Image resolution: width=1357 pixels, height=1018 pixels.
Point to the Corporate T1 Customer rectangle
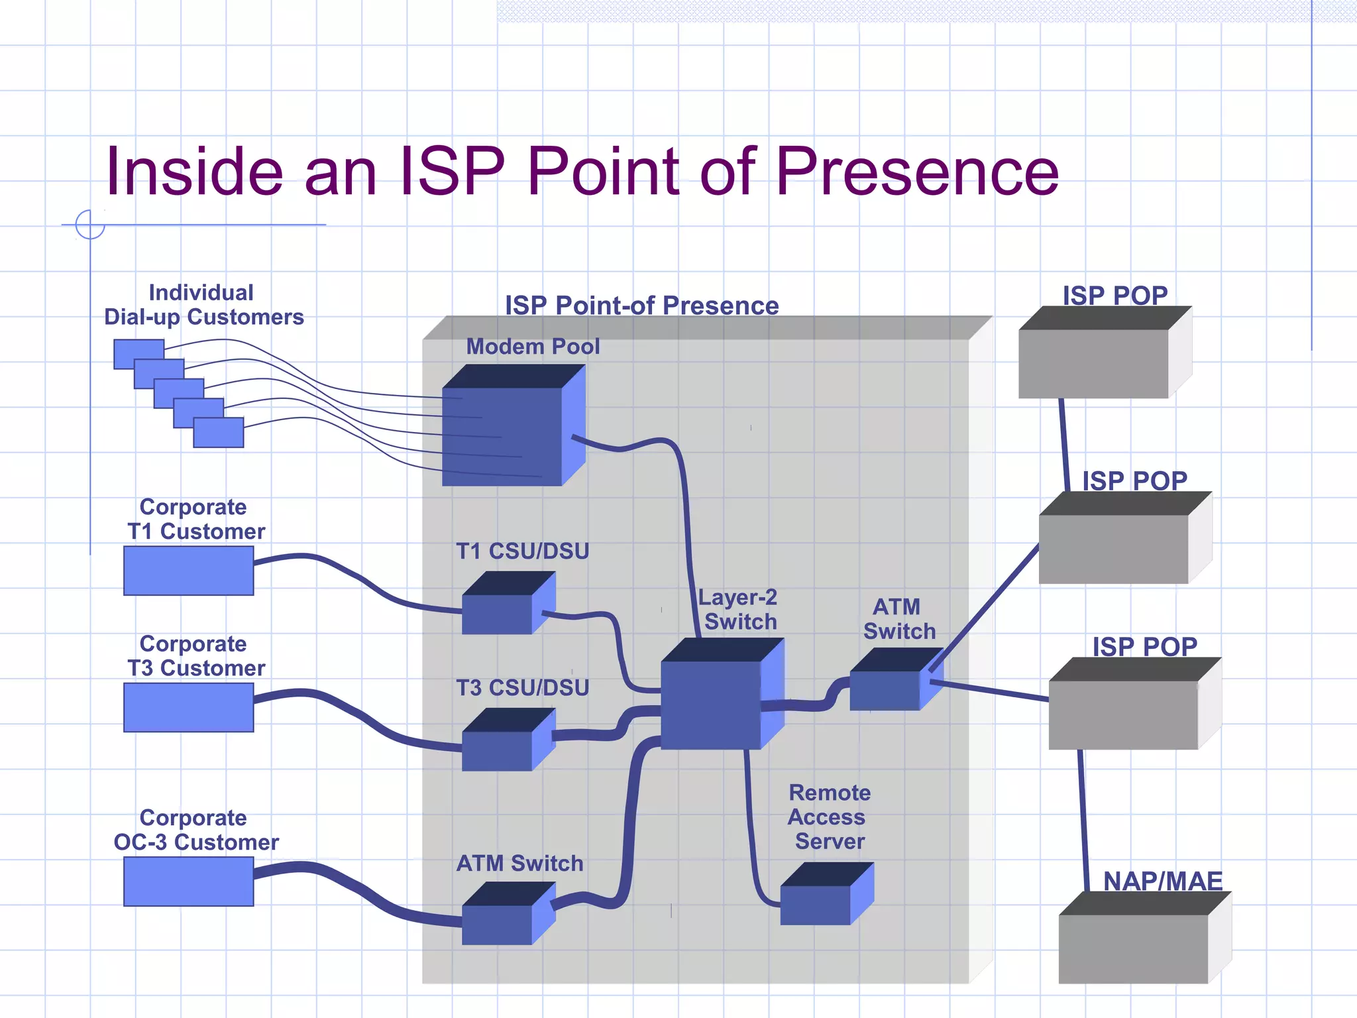click(188, 571)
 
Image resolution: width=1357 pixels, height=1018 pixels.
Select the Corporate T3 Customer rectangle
click(188, 707)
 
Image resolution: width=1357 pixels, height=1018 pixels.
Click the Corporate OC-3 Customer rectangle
click(188, 881)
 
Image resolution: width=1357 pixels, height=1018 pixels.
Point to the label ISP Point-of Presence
click(641, 306)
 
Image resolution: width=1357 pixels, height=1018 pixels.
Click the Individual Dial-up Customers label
click(203, 305)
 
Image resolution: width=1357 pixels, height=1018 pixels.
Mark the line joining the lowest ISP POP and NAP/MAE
click(1083, 822)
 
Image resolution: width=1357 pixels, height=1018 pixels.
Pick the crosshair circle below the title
click(90, 225)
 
